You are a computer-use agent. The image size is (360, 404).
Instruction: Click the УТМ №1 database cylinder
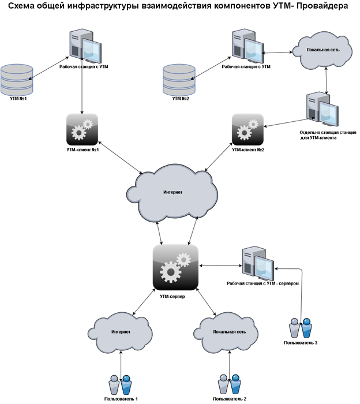[x=17, y=80]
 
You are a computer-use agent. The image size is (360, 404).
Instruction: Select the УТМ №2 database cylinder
[x=179, y=80]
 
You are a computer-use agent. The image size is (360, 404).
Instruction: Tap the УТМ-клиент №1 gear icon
[x=82, y=130]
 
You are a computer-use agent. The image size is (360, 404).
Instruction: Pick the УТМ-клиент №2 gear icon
[x=247, y=130]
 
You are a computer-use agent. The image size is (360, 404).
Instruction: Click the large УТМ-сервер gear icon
[x=175, y=267]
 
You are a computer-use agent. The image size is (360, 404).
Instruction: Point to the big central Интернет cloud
[x=172, y=194]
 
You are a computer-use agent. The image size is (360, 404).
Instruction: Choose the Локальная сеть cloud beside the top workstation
[x=324, y=50]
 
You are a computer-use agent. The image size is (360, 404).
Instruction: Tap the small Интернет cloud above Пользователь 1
[x=120, y=332]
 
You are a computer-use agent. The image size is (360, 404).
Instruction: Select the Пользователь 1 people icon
[x=121, y=385]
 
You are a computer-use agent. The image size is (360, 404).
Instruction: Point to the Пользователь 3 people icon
[x=301, y=328]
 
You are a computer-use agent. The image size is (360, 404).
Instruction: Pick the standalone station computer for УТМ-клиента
[x=322, y=109]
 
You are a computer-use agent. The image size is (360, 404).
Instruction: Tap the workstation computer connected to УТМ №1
[x=85, y=46]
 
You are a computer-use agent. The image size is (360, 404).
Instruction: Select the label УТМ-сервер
[x=172, y=296]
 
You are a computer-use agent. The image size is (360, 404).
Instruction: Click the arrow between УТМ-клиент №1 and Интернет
[x=120, y=158]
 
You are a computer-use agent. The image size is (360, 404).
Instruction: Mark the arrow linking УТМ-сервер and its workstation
[x=220, y=265]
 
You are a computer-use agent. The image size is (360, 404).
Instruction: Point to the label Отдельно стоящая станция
[x=328, y=132]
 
